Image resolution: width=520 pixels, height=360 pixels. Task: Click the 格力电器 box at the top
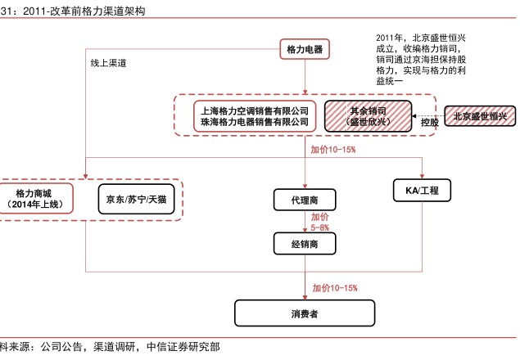coord(304,50)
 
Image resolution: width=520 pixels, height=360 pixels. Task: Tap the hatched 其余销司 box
coord(367,115)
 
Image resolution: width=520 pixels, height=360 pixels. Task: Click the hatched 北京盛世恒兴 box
coord(480,116)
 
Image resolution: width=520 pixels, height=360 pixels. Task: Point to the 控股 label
coord(429,122)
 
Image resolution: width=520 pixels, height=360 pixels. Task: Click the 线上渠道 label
coord(108,62)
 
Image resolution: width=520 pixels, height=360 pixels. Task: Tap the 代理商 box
coord(304,200)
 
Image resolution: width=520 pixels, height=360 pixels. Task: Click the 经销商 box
coord(304,243)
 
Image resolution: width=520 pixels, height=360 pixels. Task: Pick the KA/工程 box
coord(422,191)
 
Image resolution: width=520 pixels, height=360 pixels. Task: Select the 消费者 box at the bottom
coord(304,313)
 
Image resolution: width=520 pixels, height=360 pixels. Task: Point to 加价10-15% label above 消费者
coord(334,287)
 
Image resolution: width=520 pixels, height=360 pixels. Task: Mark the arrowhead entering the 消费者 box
coord(304,298)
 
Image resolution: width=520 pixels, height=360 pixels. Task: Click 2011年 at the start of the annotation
coord(390,38)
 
